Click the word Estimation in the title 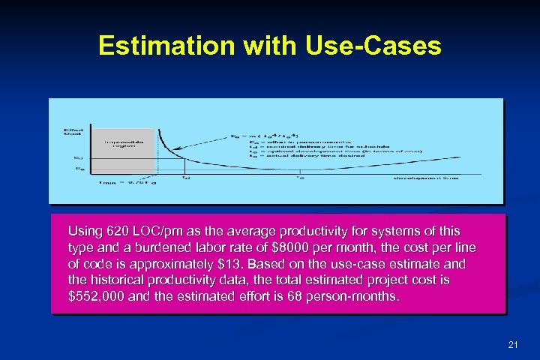(x=166, y=46)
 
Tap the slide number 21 (x=513, y=344)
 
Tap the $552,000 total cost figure (x=94, y=297)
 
